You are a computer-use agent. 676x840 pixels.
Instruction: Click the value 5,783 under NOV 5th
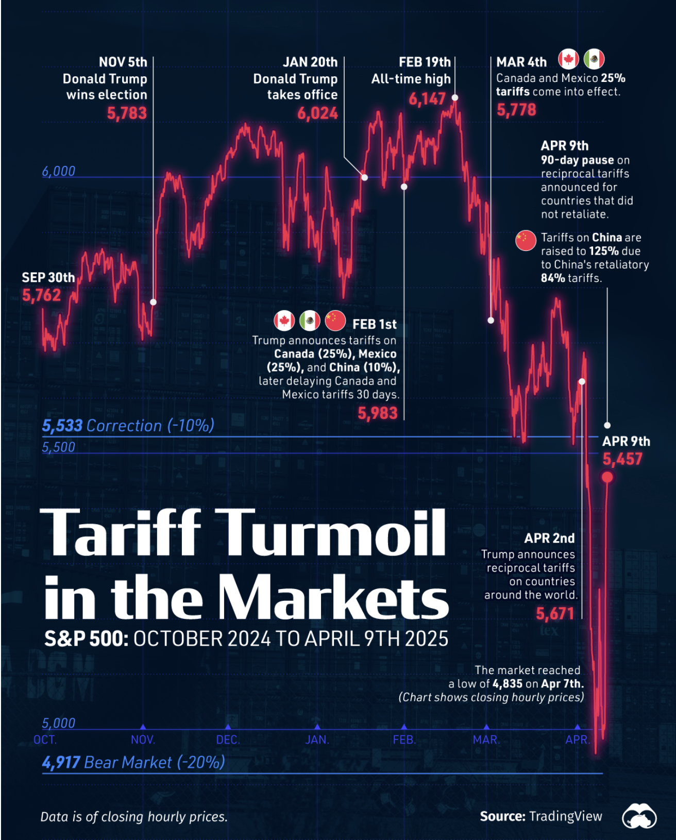pos(127,113)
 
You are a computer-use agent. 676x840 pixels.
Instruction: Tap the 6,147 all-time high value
pos(427,98)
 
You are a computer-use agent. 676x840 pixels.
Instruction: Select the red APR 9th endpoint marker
pos(607,477)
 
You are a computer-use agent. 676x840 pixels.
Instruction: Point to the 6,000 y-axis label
pos(59,171)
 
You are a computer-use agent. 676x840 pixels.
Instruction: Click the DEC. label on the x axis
pos(228,740)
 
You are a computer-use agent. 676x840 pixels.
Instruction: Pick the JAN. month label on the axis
pos(317,740)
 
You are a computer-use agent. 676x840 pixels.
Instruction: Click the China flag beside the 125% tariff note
pos(526,241)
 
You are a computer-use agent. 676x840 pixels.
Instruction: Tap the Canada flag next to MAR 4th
pos(568,59)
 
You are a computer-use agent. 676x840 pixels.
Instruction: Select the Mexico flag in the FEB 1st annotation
pos(310,321)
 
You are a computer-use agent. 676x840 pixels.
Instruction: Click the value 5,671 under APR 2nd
pos(555,613)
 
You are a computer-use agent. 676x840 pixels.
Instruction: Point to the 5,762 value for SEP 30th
pos(41,295)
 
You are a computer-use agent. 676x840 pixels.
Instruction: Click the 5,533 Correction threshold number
pos(62,426)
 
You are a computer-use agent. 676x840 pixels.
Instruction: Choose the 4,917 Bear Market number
pos(61,762)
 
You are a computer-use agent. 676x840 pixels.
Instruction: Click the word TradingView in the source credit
pos(565,816)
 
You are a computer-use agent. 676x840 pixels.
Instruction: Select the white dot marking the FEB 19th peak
pos(455,97)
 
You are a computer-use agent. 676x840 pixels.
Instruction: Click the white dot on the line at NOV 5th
pos(153,302)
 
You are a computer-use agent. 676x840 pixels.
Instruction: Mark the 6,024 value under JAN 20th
pos(317,113)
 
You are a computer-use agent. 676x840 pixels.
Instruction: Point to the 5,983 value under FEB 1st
pos(378,413)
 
